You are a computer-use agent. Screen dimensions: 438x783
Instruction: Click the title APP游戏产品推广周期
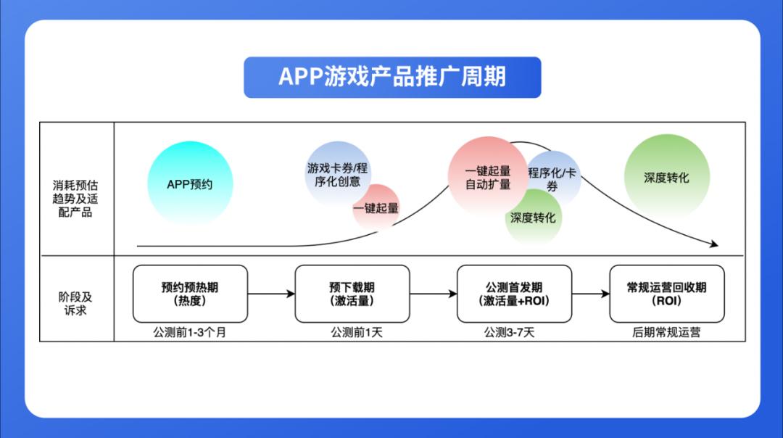(x=392, y=77)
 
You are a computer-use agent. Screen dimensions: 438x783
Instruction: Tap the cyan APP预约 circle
(x=190, y=183)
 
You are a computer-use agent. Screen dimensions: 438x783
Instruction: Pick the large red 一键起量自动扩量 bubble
(x=486, y=176)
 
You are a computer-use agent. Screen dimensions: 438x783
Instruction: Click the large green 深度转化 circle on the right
(x=666, y=178)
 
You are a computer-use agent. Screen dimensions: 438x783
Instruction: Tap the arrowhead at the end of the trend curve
(x=714, y=245)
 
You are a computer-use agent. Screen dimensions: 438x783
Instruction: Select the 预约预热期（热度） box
(x=190, y=294)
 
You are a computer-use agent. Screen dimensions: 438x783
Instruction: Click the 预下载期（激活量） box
(x=352, y=294)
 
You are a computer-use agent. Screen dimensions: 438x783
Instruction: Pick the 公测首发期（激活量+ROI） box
(x=514, y=294)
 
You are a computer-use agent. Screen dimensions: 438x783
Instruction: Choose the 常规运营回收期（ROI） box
(x=666, y=294)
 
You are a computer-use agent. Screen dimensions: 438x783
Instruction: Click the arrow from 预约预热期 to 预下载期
(x=271, y=294)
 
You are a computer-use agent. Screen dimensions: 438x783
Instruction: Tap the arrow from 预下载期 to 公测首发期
(x=433, y=294)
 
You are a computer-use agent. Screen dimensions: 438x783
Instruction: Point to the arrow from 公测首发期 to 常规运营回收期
(x=590, y=294)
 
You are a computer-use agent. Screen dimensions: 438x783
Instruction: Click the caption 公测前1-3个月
(x=190, y=333)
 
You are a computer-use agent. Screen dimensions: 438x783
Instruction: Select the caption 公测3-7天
(x=514, y=333)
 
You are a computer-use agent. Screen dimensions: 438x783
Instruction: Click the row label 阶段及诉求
(x=76, y=304)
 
